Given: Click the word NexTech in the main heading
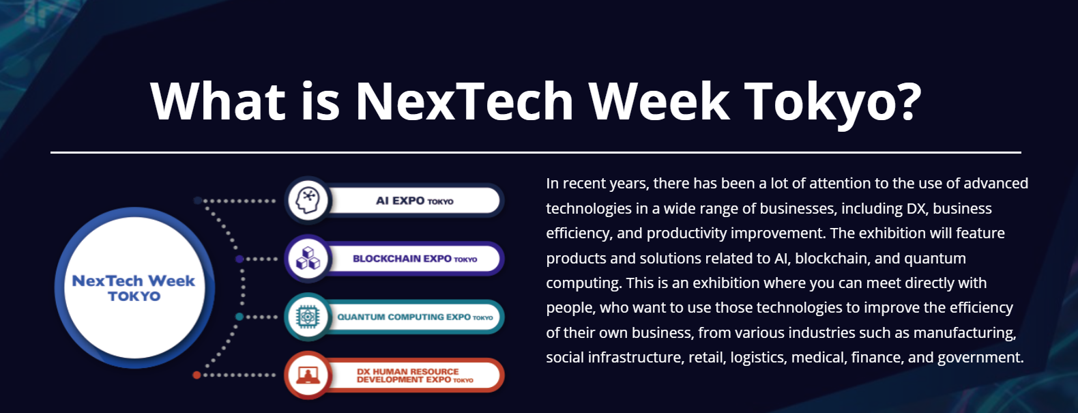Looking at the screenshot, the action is tap(465, 101).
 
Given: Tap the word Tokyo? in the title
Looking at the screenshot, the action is tap(832, 104).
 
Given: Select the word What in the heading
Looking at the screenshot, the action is tap(218, 100).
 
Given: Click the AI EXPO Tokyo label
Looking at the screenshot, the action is tap(414, 201).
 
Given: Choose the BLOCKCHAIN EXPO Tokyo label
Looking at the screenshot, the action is tap(415, 259).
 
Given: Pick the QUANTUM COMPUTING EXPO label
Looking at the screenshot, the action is tap(415, 317).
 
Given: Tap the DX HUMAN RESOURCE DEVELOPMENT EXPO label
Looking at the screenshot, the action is tap(415, 375).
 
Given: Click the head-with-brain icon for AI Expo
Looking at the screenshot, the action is tap(308, 201).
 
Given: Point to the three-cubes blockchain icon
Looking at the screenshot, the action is tap(308, 259).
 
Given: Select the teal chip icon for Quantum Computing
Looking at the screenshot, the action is tap(308, 317).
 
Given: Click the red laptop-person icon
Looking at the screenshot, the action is tap(308, 375).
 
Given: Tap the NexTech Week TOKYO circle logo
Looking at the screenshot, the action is tap(134, 287).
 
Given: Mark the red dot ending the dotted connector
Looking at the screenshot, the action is tap(196, 375).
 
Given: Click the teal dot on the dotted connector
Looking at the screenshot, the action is tap(239, 317).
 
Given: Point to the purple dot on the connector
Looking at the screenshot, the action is tap(239, 259).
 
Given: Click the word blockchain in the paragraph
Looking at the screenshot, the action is tap(830, 258).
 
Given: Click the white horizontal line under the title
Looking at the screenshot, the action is tap(536, 153).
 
